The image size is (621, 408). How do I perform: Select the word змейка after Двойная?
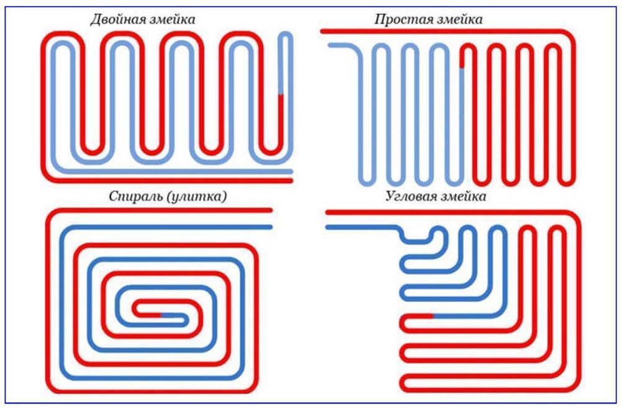pos(170,20)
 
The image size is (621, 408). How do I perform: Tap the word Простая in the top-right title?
pos(399,19)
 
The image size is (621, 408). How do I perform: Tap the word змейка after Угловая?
pos(463,197)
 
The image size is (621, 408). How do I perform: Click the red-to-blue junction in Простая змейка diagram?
pos(461,66)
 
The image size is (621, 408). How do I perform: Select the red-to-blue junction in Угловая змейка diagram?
pos(432,317)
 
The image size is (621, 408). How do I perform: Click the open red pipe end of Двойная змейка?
pos(290,181)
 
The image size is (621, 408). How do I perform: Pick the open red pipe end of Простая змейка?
pos(322,30)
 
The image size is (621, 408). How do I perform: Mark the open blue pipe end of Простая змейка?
pos(330,45)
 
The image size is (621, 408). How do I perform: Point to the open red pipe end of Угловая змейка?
pos(328,213)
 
